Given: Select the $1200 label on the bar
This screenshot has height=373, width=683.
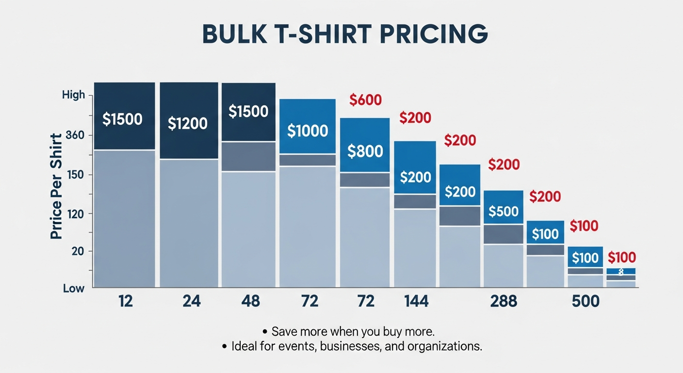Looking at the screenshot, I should [x=188, y=123].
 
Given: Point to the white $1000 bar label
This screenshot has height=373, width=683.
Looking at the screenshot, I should [x=308, y=130].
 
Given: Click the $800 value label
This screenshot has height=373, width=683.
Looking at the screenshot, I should [x=365, y=151].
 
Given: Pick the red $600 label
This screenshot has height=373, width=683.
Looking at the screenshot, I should [x=365, y=100].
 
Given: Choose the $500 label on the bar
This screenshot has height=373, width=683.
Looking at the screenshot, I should [x=504, y=211].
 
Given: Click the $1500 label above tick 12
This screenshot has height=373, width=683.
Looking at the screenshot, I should [x=123, y=119].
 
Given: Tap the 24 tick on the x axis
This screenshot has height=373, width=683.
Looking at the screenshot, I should [x=192, y=302].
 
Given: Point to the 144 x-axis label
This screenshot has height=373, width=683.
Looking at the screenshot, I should [x=416, y=302].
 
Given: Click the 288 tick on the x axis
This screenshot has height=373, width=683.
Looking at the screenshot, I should [x=504, y=302].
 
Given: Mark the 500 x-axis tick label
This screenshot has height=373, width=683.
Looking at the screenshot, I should [x=585, y=302].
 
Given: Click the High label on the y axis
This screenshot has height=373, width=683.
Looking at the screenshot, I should [x=74, y=95].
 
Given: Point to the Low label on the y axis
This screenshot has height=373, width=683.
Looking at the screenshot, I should [x=74, y=288].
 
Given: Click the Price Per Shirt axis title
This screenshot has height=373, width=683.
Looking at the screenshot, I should [x=56, y=186].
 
